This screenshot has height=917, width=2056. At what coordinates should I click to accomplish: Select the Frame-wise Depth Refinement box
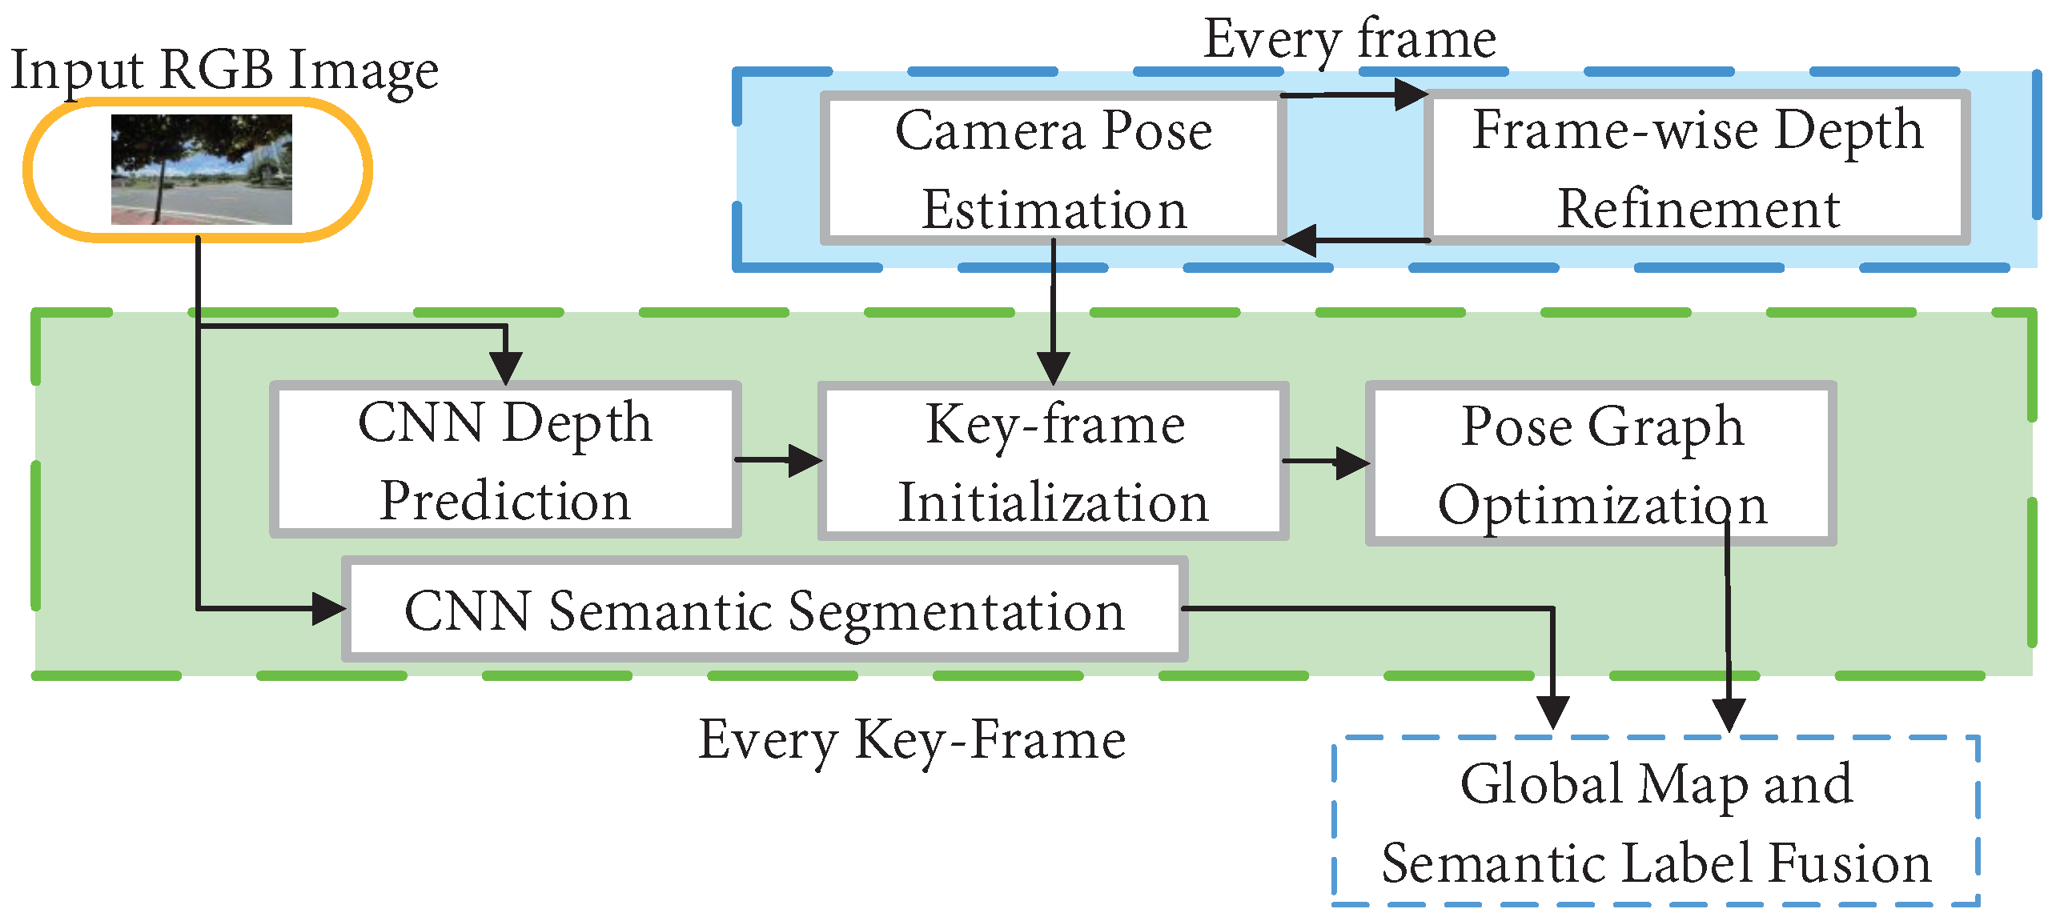point(1697,169)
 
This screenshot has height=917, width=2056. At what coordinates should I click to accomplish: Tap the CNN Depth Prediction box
point(504,461)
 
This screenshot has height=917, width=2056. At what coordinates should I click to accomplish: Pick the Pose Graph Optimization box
point(1601,464)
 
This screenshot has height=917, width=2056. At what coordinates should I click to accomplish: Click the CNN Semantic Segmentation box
point(765,610)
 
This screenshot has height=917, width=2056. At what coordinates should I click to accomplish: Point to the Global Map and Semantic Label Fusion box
point(1656,823)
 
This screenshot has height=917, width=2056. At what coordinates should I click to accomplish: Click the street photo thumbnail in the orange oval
point(201,169)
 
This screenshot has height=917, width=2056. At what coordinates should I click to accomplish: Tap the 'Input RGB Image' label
point(224,70)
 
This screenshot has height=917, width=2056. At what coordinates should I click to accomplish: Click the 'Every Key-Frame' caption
point(911,739)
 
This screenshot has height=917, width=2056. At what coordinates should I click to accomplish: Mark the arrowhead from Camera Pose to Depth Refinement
point(1411,94)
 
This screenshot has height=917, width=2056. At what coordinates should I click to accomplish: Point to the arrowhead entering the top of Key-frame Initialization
point(1054,368)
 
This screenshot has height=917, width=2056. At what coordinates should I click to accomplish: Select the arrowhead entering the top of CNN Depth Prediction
point(505,368)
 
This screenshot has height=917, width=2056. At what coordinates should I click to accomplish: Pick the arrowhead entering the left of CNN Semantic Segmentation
point(328,609)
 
